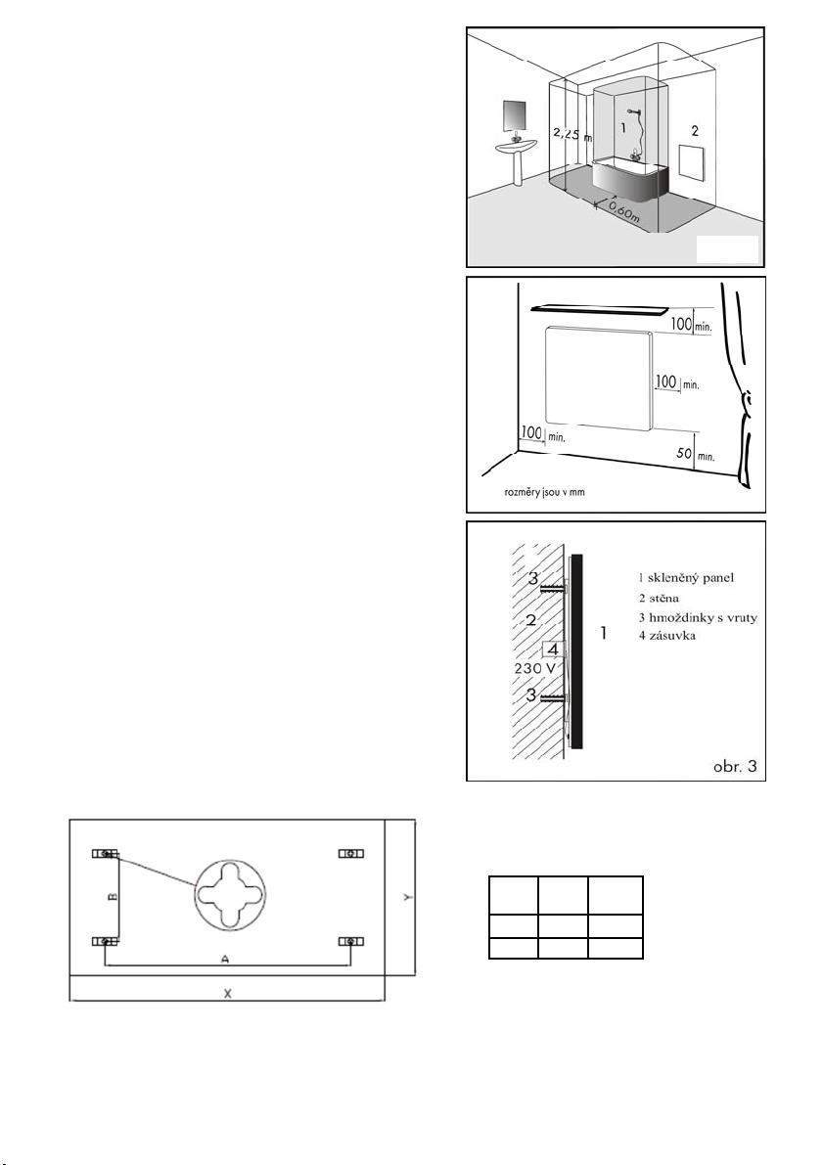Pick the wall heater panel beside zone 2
click(x=692, y=163)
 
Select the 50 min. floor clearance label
click(x=695, y=453)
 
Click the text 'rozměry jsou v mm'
click(x=544, y=492)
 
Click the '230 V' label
click(x=535, y=668)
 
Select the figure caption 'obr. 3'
click(x=735, y=765)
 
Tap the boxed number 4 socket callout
click(x=552, y=649)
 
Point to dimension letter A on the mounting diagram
click(x=224, y=960)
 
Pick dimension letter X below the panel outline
click(x=227, y=994)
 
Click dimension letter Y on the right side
click(x=406, y=898)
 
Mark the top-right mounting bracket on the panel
click(x=351, y=854)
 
